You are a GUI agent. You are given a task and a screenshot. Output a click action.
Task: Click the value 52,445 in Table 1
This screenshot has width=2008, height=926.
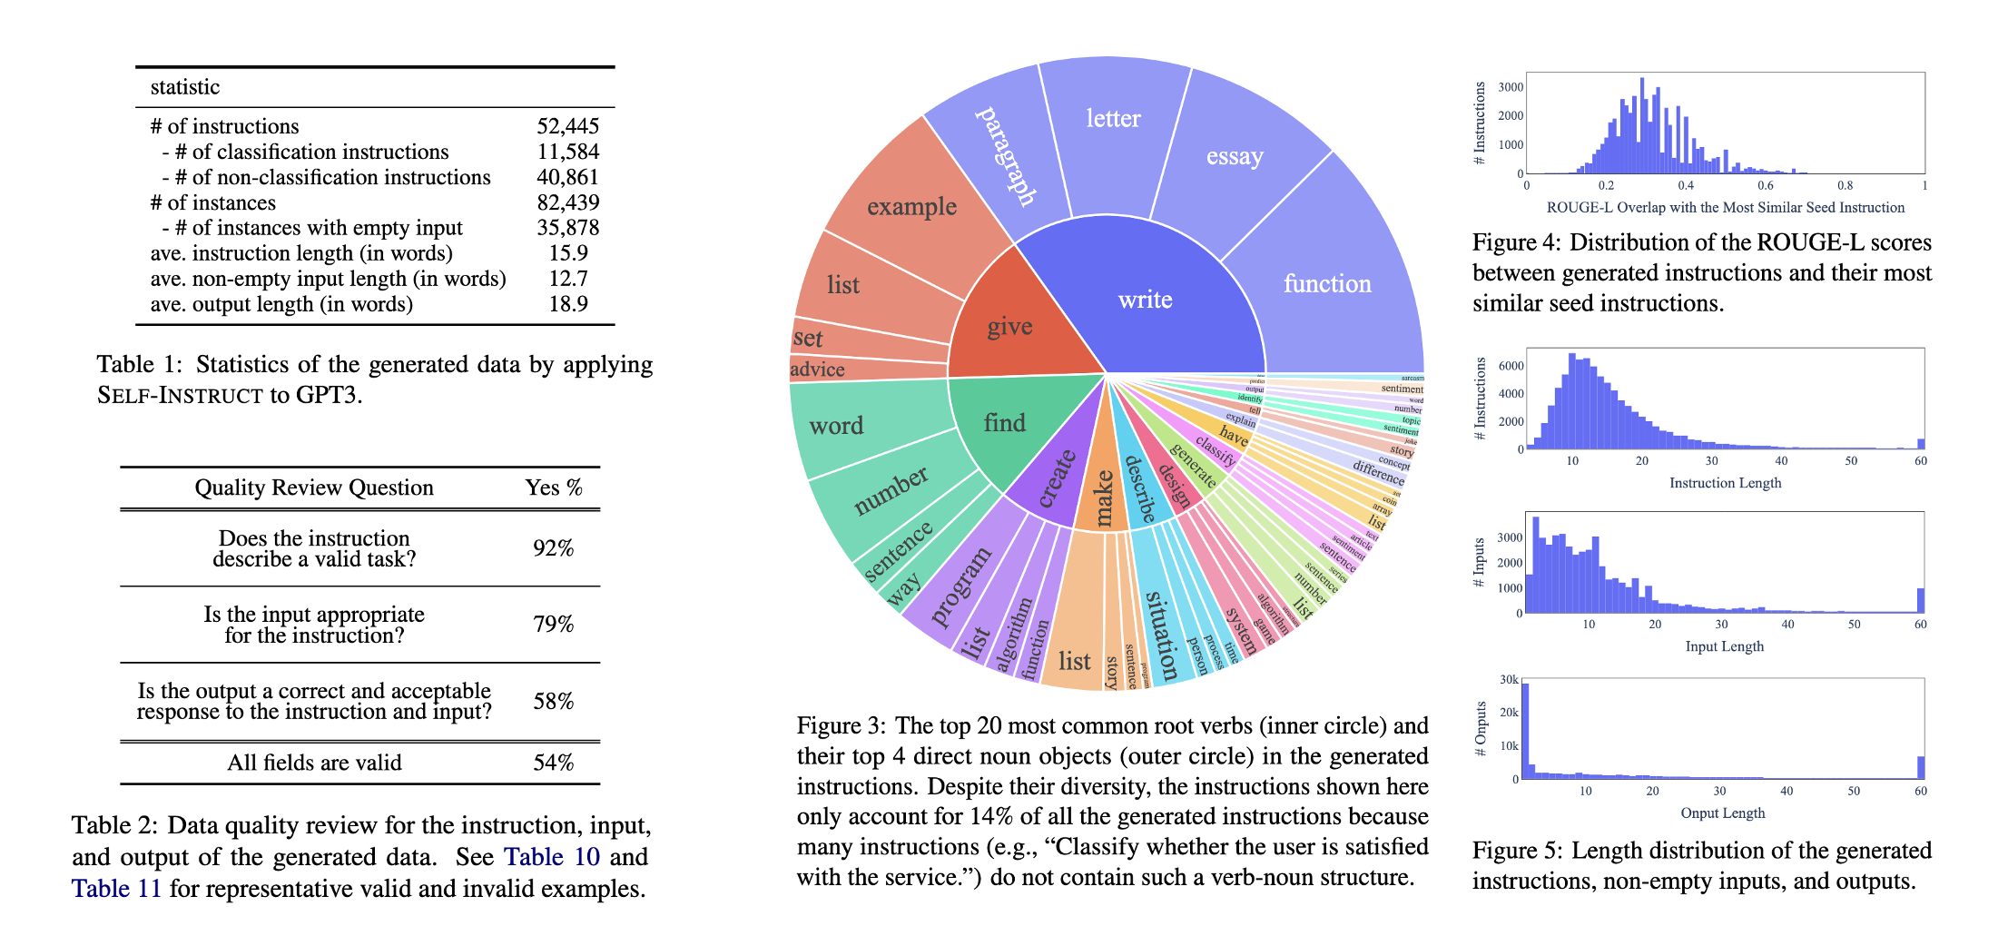[567, 126]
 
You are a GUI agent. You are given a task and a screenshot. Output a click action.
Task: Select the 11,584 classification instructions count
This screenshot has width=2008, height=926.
[567, 152]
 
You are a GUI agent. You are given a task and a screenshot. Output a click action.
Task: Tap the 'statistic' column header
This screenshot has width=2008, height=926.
[185, 87]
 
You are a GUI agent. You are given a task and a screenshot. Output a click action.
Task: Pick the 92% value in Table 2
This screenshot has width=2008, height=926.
[553, 548]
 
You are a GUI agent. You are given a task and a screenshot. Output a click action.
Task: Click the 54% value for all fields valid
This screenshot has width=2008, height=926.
[553, 763]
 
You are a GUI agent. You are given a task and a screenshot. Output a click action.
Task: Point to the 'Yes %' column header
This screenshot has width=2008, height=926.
[553, 488]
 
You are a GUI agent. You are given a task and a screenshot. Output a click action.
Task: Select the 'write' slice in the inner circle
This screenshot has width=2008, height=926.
[1145, 300]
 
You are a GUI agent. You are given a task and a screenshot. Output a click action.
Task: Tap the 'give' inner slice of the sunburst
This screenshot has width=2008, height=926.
[1009, 326]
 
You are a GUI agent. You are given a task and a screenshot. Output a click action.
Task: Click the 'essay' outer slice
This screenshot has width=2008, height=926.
[1235, 156]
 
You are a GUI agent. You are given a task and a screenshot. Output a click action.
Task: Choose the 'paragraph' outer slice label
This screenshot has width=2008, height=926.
[1006, 155]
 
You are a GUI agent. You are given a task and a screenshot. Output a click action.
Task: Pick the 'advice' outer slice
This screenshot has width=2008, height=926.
[817, 369]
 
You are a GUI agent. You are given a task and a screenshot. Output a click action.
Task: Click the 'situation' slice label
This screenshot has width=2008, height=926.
[1162, 635]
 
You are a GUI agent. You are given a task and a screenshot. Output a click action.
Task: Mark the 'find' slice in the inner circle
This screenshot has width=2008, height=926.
[1004, 423]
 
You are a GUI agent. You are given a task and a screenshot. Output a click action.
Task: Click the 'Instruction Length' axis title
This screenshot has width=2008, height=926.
[1725, 483]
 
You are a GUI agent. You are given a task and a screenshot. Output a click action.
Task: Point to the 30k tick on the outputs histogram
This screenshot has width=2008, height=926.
[1509, 680]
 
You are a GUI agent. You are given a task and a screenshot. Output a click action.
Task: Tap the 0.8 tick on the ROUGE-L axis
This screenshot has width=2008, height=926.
[1845, 185]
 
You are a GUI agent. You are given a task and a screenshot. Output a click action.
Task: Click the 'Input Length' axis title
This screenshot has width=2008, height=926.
[1724, 646]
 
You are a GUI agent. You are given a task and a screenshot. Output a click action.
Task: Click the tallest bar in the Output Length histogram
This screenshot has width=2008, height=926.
[1525, 731]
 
